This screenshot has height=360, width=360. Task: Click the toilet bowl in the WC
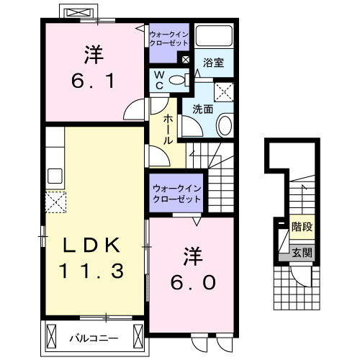[177, 79]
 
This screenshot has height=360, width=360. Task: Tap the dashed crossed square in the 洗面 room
[225, 91]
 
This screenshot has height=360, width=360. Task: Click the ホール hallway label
[168, 130]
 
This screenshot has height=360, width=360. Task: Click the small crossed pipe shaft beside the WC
[186, 60]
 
